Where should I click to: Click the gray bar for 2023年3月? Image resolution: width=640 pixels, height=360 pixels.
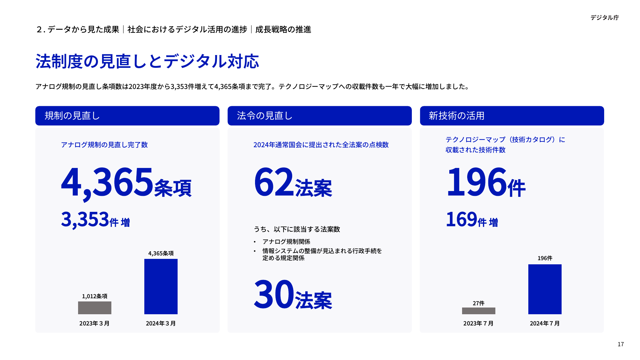tap(95, 308)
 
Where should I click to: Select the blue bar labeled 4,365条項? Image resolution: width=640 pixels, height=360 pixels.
tap(161, 286)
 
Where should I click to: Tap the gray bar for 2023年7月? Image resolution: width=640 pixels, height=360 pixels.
tap(479, 311)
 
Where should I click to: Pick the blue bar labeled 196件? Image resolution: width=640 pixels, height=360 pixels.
tap(545, 289)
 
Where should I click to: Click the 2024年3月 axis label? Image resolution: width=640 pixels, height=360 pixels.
tap(161, 324)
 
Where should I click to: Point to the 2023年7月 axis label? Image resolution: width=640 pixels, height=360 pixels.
tap(478, 324)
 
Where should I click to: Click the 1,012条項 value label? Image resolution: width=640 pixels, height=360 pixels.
tap(95, 296)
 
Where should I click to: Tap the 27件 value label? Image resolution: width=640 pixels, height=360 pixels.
tap(479, 303)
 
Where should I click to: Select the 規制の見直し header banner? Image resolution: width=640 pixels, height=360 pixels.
tap(127, 116)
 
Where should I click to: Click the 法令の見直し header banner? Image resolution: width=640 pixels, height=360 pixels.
tap(319, 116)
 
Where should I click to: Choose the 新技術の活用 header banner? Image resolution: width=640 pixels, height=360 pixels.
tap(512, 116)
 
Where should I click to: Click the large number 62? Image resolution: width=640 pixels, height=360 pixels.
tap(274, 182)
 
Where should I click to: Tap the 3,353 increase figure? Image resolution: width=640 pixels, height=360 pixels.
tap(85, 220)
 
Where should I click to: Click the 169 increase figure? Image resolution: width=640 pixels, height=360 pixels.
tap(461, 220)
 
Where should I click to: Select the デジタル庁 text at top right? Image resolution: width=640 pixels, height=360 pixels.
tap(604, 18)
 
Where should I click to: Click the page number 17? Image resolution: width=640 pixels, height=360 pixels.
tap(621, 344)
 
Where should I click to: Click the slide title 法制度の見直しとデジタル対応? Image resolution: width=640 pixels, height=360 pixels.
tap(147, 61)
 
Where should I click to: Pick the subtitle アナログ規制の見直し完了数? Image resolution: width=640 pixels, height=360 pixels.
tap(104, 145)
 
